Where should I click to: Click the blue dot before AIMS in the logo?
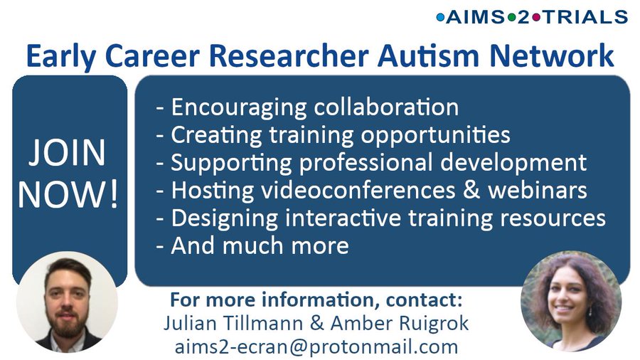440,17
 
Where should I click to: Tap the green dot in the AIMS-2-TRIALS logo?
511,17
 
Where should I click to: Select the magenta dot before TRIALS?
536,17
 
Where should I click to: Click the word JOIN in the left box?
67,152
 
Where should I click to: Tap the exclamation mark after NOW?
114,194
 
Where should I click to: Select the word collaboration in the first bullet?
386,107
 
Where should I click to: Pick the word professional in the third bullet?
366,163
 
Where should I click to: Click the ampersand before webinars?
471,190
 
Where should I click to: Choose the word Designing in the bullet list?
225,218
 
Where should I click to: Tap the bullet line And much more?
252,245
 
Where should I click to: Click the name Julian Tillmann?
233,323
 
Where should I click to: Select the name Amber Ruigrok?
399,323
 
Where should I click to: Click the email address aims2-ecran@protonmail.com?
316,346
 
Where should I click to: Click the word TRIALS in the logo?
585,17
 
